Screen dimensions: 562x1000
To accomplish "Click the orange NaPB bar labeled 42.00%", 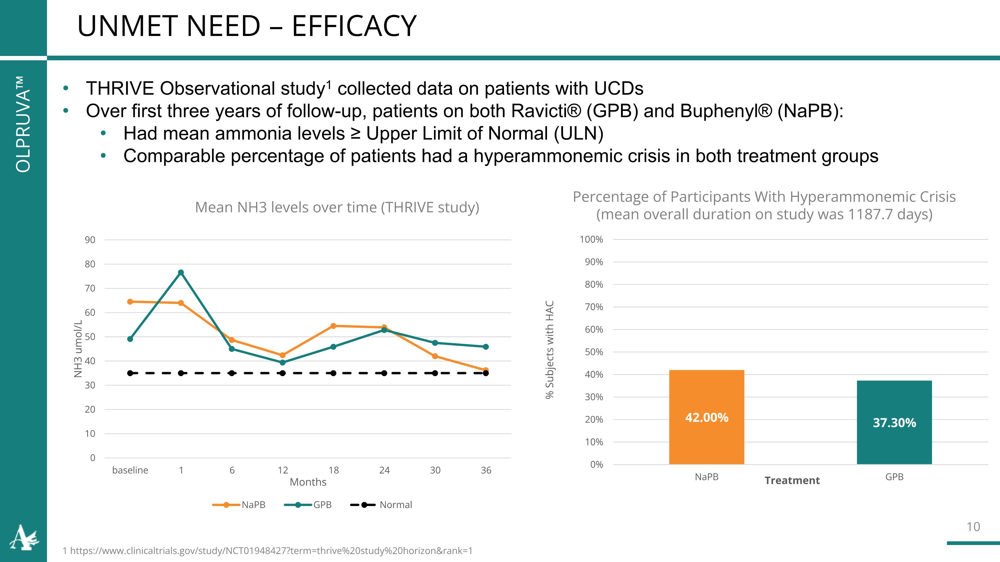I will [x=707, y=417].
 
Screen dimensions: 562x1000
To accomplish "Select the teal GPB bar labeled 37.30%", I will [x=894, y=422].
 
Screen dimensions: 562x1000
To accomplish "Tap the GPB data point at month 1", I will [x=181, y=273].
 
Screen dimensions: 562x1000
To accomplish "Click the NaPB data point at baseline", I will [x=130, y=302].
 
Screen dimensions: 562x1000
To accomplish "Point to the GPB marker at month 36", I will [x=486, y=347].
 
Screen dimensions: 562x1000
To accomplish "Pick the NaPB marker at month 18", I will [x=333, y=326].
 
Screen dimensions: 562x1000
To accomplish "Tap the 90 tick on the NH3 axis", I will [x=90, y=240].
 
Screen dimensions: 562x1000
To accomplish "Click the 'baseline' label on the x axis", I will [x=130, y=470].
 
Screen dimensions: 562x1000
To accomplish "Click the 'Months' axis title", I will [x=308, y=482].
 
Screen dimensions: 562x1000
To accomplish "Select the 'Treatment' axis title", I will [x=792, y=481].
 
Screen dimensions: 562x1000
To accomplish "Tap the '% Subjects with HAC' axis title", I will [x=549, y=349].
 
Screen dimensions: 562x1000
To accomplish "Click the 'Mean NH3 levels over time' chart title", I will [x=337, y=208].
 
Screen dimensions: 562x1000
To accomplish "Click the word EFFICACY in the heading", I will [x=354, y=26].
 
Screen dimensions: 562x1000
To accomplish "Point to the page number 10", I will [x=973, y=527].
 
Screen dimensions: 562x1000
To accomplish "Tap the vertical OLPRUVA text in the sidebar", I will [x=23, y=124].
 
